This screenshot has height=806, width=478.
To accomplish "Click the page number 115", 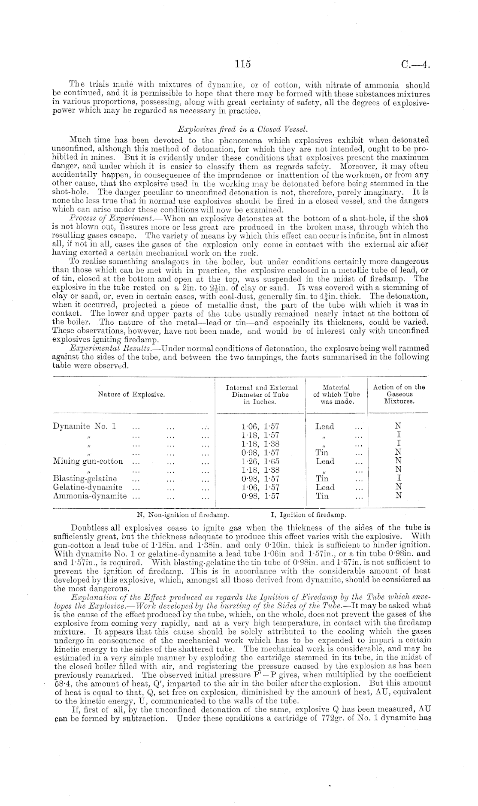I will point(242,64).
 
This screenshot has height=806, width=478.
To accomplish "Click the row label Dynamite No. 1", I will point(85,426).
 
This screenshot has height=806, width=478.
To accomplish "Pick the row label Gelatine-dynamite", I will point(88,487).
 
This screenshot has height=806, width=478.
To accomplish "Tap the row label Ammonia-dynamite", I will point(90,496).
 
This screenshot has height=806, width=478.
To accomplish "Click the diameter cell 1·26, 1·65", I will point(260,461).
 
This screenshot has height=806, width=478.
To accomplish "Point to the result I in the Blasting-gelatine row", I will point(399,478).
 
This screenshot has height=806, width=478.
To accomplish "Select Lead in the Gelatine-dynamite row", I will point(325,487).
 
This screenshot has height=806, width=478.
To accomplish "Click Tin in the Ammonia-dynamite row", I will point(322,496).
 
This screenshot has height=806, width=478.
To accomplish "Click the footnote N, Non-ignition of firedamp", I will point(182,514).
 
